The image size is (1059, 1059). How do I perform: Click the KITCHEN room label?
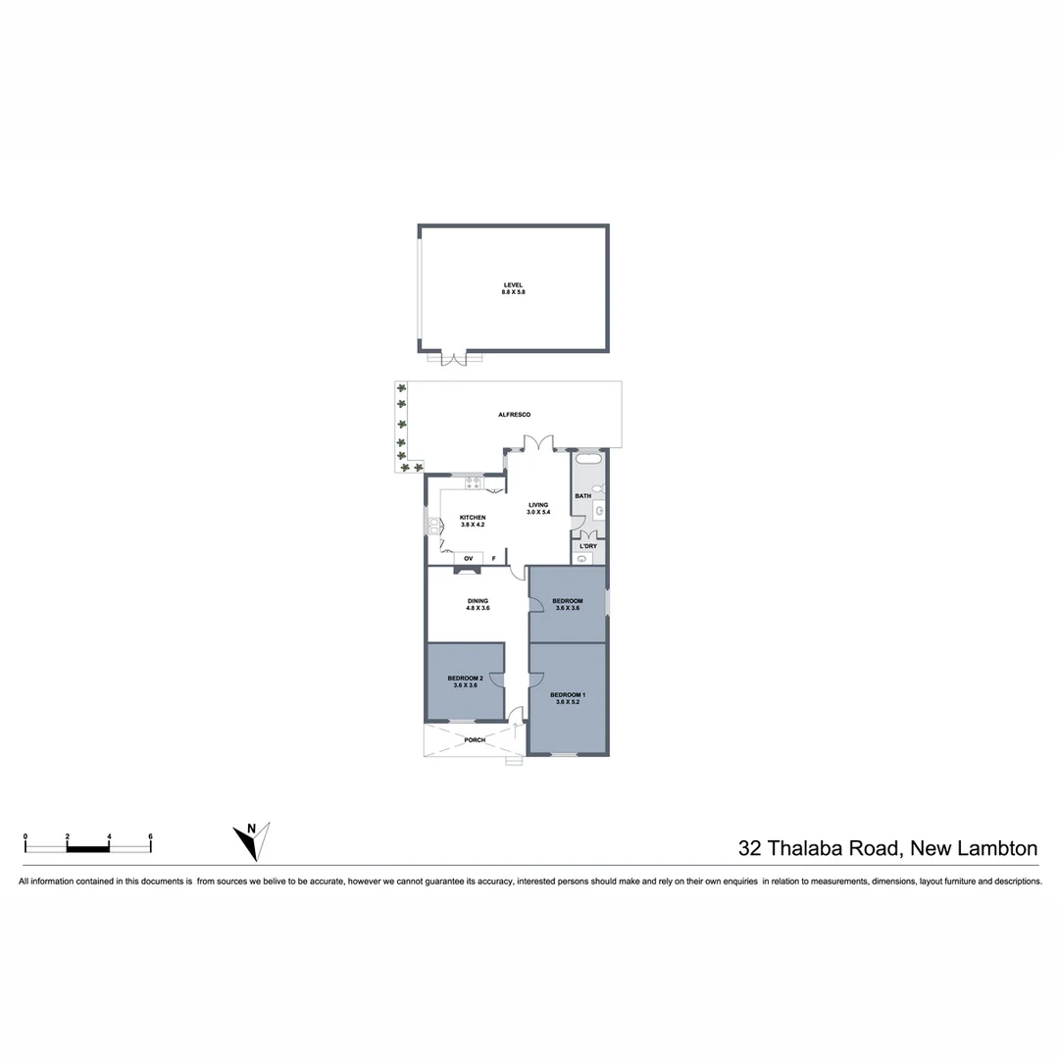click(x=472, y=518)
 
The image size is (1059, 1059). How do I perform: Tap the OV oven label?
click(x=468, y=559)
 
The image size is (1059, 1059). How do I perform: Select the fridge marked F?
click(x=493, y=559)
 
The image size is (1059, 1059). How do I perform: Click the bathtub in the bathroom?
click(x=589, y=459)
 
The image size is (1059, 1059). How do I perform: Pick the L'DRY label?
click(x=588, y=546)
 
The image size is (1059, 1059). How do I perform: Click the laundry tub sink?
click(x=582, y=559)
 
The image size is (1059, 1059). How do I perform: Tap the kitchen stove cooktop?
click(x=473, y=481)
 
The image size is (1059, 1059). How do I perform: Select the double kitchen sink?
click(x=432, y=527)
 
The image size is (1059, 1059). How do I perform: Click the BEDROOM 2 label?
click(x=465, y=678)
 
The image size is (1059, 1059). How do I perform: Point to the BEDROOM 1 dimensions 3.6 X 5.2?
click(x=568, y=702)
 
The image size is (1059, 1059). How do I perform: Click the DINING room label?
click(x=478, y=601)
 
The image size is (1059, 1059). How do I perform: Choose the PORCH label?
click(x=475, y=739)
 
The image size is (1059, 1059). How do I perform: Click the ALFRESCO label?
click(x=514, y=415)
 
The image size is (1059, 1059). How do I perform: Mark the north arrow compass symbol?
click(x=252, y=840)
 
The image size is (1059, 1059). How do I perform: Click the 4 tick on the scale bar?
click(x=109, y=836)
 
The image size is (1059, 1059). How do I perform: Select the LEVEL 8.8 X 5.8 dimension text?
click(x=514, y=292)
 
